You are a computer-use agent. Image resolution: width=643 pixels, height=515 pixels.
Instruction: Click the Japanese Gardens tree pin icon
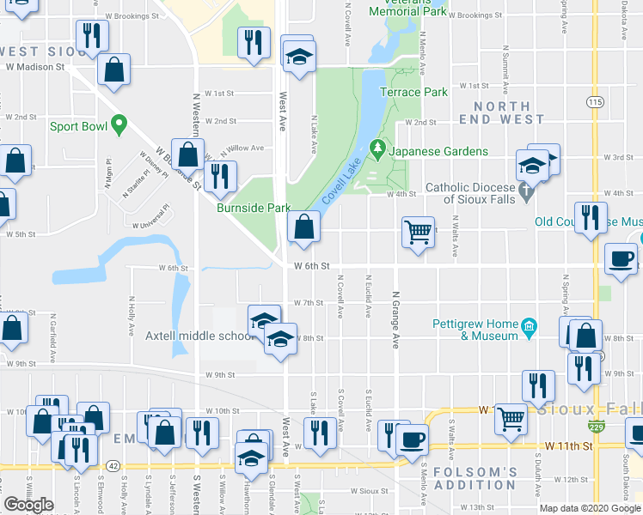[x=377, y=150]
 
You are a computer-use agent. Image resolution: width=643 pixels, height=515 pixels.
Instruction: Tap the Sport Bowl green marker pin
[x=119, y=125]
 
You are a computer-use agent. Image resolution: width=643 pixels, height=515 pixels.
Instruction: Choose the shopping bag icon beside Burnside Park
[x=303, y=227]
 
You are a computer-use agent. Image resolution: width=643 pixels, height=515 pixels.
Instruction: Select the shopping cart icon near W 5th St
[x=418, y=231]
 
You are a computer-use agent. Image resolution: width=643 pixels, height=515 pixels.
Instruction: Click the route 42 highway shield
[x=113, y=466]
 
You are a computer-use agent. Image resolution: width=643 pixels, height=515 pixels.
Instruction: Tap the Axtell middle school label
[x=197, y=336]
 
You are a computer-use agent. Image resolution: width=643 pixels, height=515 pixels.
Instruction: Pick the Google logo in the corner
[x=28, y=505]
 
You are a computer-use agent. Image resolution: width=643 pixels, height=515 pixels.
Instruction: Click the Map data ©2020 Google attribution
[x=590, y=508]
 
